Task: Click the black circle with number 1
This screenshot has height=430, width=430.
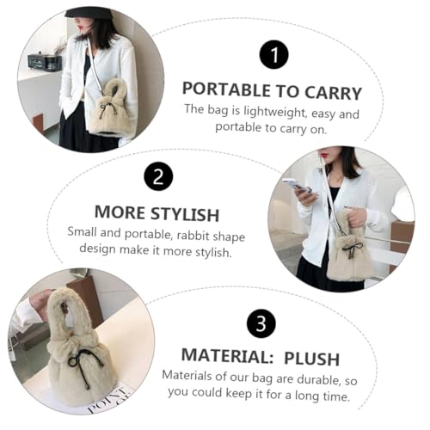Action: [273, 56]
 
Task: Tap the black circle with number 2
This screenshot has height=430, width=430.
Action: [157, 176]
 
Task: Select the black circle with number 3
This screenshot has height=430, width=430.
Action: [261, 323]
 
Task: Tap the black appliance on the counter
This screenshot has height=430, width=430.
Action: [45, 60]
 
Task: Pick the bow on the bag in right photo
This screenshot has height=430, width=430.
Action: [351, 248]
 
